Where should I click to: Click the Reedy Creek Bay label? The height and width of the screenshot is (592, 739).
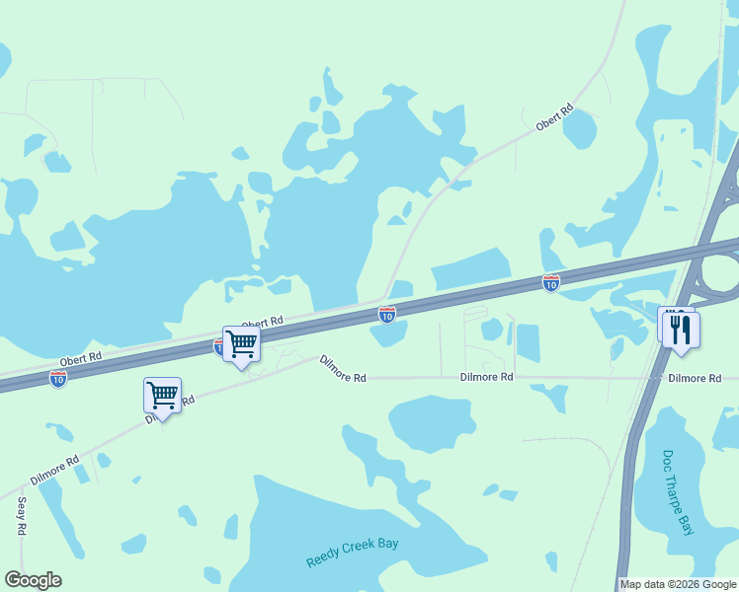point(358,552)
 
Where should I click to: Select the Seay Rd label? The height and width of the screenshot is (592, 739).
point(22,515)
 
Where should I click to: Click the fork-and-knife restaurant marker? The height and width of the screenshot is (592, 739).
point(680,329)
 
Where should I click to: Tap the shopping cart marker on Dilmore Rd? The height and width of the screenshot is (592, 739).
point(162,397)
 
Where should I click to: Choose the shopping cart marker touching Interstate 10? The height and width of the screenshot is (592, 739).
point(241,345)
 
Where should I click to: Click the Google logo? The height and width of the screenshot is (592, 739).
point(33,580)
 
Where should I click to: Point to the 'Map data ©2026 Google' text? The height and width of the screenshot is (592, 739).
point(678,584)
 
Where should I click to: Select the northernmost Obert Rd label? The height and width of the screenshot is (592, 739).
point(553,118)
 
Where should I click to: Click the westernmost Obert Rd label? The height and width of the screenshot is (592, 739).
point(80,357)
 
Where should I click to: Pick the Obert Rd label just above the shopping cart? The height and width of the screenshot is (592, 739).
point(262,323)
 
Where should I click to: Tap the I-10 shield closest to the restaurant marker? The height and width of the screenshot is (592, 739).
point(551,283)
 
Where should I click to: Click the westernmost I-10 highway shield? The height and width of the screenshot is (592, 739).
point(58,379)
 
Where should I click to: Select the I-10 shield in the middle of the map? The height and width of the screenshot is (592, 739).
point(387,314)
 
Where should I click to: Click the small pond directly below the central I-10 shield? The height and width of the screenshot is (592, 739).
point(389,333)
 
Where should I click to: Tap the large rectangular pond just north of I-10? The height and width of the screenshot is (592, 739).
point(470,268)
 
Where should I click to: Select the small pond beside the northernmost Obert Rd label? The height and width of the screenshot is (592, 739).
point(580,129)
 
